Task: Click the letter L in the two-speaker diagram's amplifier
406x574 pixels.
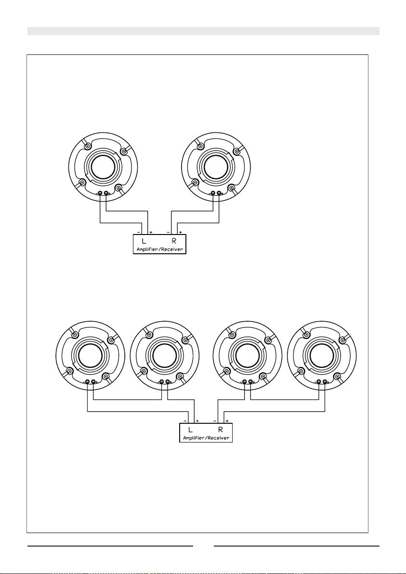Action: coord(144,241)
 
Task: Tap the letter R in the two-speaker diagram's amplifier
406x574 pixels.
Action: coord(174,241)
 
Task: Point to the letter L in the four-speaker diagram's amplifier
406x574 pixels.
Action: coord(190,430)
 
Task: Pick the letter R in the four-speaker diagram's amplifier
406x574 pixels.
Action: coord(221,430)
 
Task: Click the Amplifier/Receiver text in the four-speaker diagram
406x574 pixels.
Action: coord(206,438)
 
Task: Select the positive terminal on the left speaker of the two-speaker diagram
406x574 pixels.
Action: coord(106,193)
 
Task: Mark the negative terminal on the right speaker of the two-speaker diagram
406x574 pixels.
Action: coord(213,193)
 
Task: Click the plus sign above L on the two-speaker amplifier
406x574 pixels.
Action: coord(151,233)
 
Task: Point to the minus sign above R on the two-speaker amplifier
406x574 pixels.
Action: coord(168,233)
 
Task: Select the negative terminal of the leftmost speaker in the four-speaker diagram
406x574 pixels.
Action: coord(88,382)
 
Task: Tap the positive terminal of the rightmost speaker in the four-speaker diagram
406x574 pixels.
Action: coord(325,382)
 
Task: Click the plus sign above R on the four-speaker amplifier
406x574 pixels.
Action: coord(227,421)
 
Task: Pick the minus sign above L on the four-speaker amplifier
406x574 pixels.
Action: coord(185,421)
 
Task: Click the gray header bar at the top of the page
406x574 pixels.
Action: coord(203,31)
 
